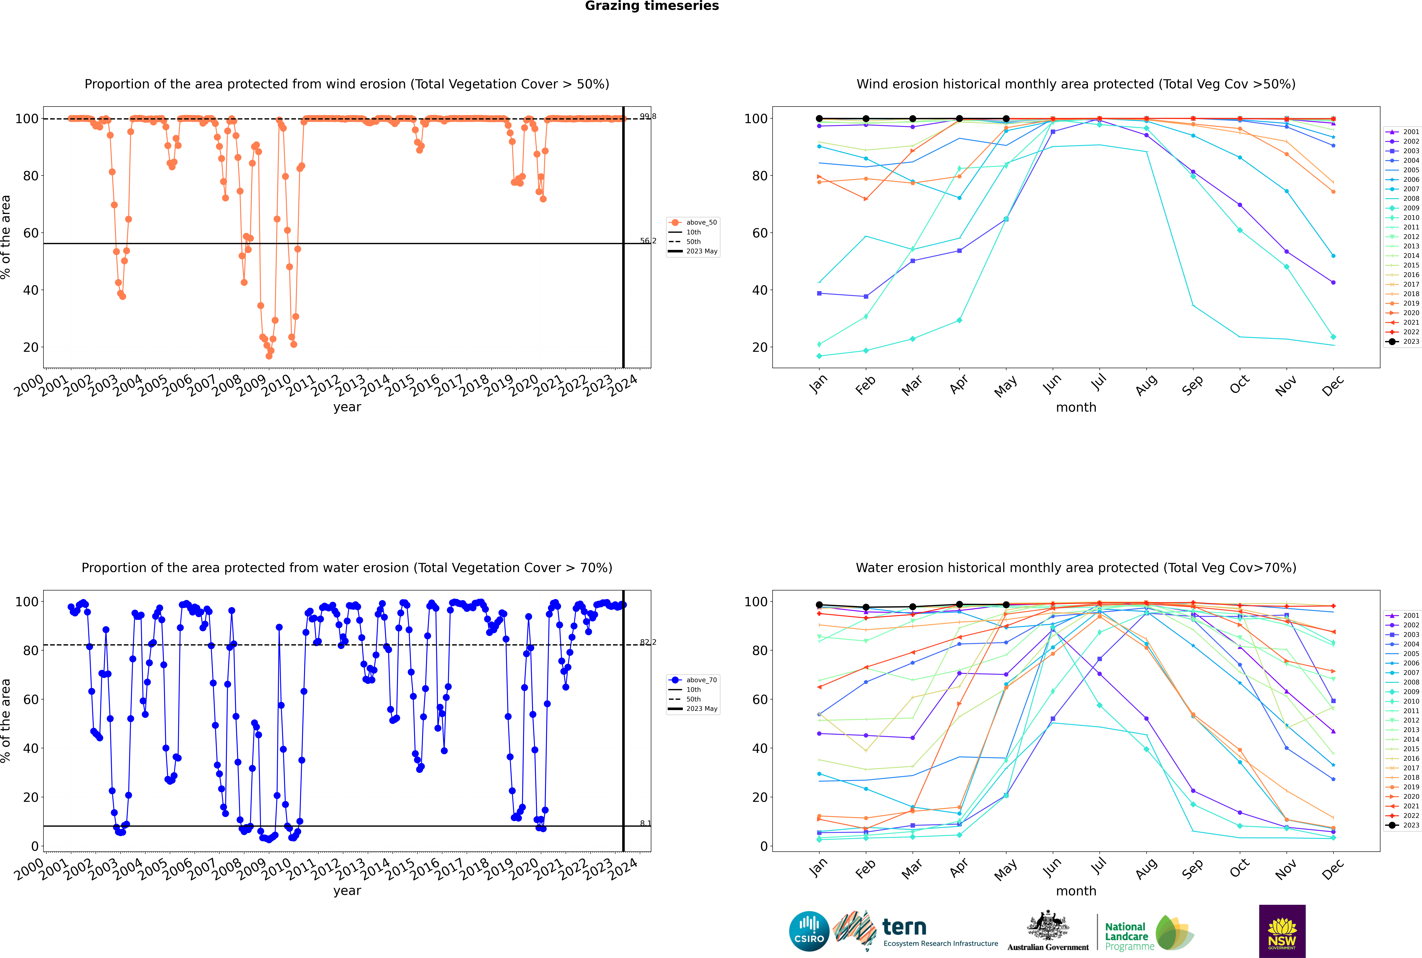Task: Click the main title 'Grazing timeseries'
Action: tap(652, 6)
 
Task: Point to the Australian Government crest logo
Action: tap(1048, 931)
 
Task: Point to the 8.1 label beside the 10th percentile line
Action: tap(646, 824)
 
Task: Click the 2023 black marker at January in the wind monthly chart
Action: tap(819, 119)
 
